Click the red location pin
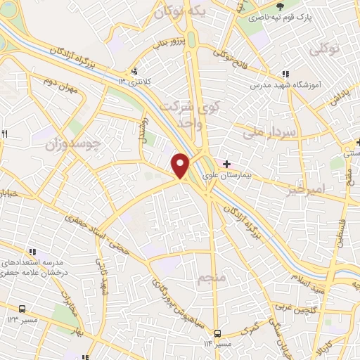pos(181,165)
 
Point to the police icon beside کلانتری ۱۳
pos(134,71)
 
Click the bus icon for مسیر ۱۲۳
pos(22,309)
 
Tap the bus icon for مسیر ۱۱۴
pos(217,333)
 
